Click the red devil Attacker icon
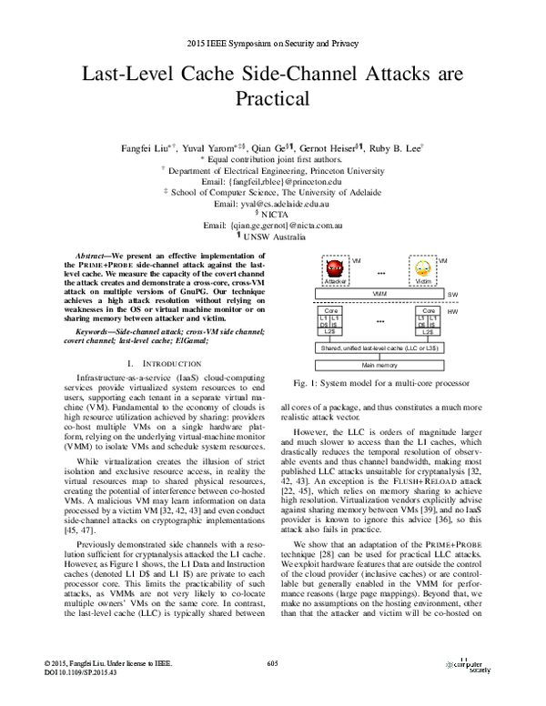[x=336, y=270]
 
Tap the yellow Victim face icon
[x=422, y=270]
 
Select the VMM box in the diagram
[x=379, y=295]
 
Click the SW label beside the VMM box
[x=452, y=296]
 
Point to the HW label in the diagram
[x=452, y=311]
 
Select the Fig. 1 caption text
[x=379, y=384]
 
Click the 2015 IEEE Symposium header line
[x=272, y=44]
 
